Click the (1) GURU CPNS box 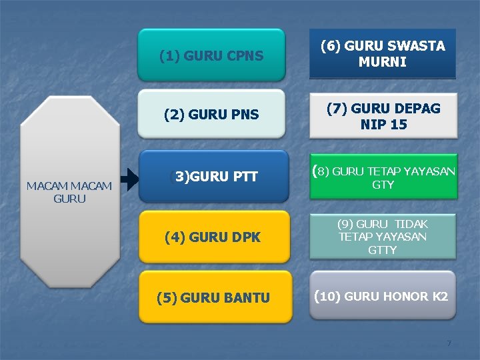(x=211, y=55)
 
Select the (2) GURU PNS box (x=211, y=115)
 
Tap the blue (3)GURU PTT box (x=213, y=176)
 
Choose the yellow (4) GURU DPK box (x=215, y=237)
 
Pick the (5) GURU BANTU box (x=215, y=297)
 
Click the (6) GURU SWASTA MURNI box (x=382, y=54)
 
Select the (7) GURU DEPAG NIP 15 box (x=382, y=116)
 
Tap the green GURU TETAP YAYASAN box (x=383, y=177)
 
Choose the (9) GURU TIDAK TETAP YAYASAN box (x=383, y=237)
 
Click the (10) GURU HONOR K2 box (x=383, y=295)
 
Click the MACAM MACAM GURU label (x=69, y=192)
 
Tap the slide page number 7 (x=449, y=343)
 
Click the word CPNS (x=242, y=56)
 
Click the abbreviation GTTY (x=383, y=250)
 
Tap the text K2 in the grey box (x=439, y=296)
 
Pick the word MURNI (x=383, y=63)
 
